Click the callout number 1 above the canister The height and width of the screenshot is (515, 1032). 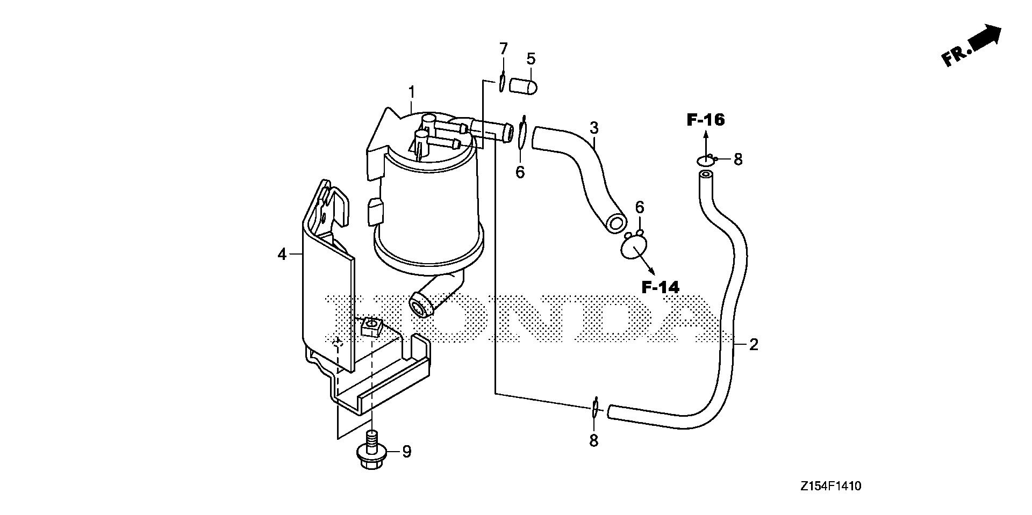(412, 92)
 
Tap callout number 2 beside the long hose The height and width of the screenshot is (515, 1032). (754, 345)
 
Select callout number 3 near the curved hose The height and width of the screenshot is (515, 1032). (594, 128)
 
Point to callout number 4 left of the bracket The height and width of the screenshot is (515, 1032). (283, 255)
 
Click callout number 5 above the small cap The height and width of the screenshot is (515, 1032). (531, 59)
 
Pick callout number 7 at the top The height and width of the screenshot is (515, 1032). (503, 49)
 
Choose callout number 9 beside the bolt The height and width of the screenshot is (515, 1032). (406, 452)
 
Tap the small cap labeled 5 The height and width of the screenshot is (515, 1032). (524, 85)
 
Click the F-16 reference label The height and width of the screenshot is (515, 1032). (706, 120)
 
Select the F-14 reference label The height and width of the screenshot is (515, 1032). (661, 287)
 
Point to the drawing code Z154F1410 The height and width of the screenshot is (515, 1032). (831, 487)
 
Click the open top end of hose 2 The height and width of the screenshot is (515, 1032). (705, 175)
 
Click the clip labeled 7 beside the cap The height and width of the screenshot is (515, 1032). (501, 81)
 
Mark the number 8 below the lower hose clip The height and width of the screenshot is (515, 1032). (593, 441)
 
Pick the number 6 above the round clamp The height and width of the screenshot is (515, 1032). (640, 207)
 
